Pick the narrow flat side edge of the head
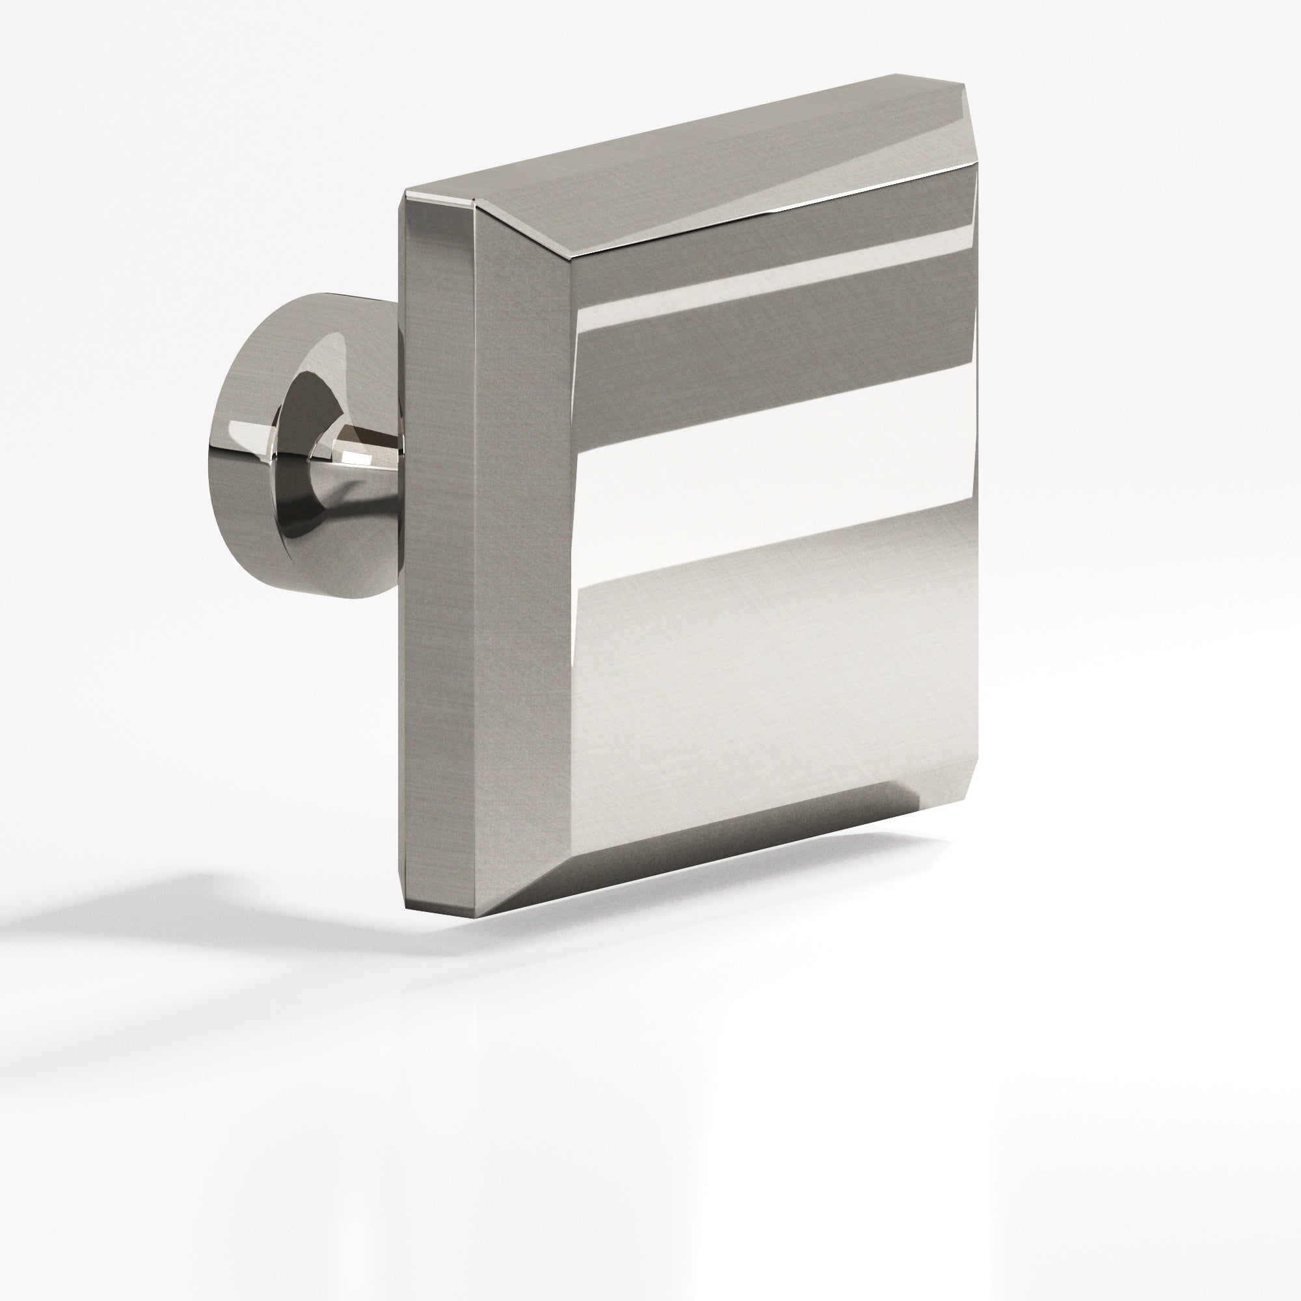438,539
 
